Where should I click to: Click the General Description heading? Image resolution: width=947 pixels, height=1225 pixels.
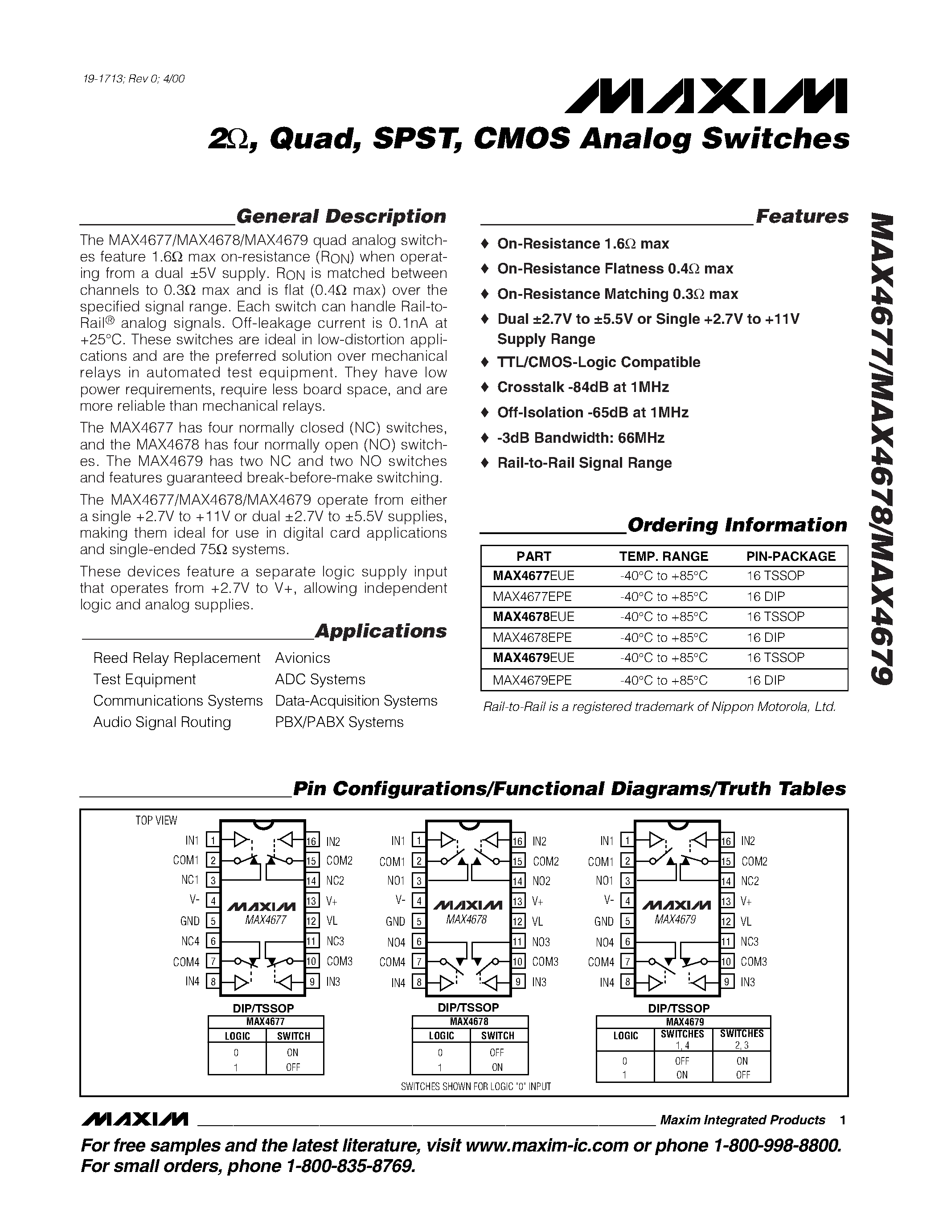[x=340, y=216]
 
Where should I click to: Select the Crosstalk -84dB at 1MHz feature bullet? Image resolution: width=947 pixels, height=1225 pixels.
[x=582, y=387]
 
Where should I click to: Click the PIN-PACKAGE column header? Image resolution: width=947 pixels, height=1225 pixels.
[x=790, y=556]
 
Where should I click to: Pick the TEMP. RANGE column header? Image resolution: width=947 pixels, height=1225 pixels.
[x=663, y=556]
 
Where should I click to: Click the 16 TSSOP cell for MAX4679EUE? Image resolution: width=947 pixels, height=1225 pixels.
[x=775, y=657]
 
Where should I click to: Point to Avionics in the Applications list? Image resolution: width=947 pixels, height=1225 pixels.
[x=303, y=658]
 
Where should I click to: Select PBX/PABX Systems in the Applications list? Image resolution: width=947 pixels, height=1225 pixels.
[x=339, y=723]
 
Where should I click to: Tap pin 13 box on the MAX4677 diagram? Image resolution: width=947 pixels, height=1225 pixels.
[x=312, y=901]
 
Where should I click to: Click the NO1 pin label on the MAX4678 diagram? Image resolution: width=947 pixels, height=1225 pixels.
[x=396, y=881]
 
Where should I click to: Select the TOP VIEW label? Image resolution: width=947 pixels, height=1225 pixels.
[x=156, y=821]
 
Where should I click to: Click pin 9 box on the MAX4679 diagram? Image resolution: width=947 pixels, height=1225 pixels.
[x=727, y=982]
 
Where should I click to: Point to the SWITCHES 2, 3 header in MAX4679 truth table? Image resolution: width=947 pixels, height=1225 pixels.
[x=742, y=1039]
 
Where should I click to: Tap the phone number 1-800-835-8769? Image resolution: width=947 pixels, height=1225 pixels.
[x=350, y=1167]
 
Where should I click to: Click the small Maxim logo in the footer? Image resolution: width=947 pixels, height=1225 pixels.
[x=135, y=1119]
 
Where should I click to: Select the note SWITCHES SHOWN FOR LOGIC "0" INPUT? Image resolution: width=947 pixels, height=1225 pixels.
[x=476, y=1086]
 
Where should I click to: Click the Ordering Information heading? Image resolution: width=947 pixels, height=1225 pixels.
[x=737, y=525]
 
